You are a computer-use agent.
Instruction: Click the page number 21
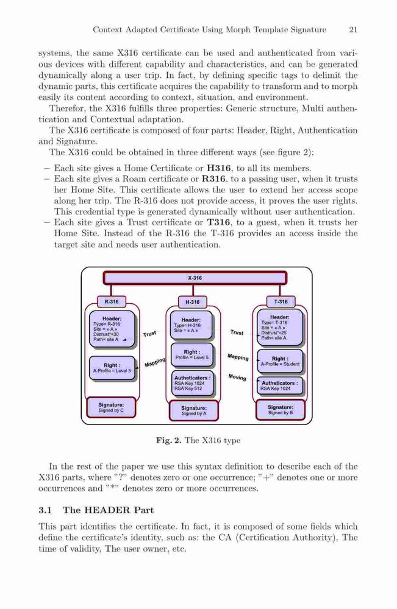(x=353, y=29)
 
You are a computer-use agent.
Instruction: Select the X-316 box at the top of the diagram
(x=195, y=278)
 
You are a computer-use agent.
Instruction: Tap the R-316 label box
(x=112, y=301)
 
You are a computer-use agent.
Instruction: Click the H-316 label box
(x=193, y=302)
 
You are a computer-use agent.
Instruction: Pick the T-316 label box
(x=281, y=302)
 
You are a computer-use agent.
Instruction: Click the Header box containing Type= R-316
(x=112, y=329)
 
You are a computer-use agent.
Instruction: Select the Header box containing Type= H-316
(x=191, y=325)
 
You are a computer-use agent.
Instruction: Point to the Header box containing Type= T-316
(x=280, y=328)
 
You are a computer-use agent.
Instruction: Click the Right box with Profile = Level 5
(x=192, y=355)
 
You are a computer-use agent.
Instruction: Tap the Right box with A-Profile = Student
(x=280, y=362)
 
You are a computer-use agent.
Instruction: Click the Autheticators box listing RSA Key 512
(x=193, y=383)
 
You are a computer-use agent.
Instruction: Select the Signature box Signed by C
(x=111, y=407)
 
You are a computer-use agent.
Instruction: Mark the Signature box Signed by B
(x=281, y=410)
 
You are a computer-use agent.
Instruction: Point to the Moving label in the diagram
(x=237, y=377)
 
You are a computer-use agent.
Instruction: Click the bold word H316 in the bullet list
(x=220, y=169)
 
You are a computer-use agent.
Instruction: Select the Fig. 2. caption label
(x=168, y=441)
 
